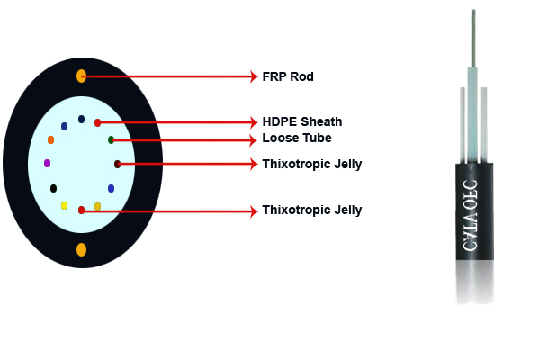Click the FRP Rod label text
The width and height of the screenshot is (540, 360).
point(288,76)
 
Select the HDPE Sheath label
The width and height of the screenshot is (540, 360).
point(301,121)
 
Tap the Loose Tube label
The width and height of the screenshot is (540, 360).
point(297,139)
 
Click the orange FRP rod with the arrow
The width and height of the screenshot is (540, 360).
point(81,76)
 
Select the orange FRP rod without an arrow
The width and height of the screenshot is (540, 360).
point(81,248)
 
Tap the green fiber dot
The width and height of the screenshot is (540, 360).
point(111,139)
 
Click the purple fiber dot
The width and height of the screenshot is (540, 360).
point(47,164)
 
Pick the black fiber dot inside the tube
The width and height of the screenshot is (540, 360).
point(54,188)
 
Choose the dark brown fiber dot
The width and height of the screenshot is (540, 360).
point(117,164)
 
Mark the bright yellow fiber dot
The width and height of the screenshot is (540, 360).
point(64,206)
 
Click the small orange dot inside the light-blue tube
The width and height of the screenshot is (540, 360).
point(50,140)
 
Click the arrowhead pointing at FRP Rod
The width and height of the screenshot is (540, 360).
point(253,76)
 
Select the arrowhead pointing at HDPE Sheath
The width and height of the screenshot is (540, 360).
point(253,122)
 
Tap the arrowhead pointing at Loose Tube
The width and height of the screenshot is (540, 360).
point(253,139)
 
